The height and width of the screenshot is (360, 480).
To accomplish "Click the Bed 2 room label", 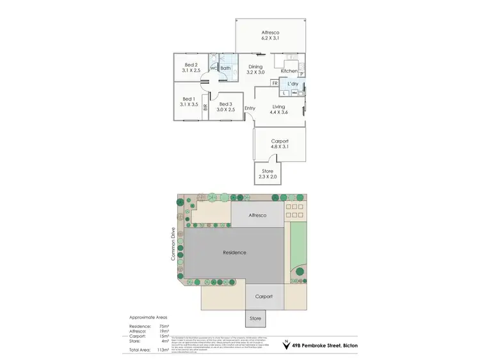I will pos(191,67).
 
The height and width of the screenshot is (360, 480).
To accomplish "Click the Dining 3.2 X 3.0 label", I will pos(255,70).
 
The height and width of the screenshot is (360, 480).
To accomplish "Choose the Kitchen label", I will pos(289,71).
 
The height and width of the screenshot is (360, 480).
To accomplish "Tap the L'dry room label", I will pos(294,84).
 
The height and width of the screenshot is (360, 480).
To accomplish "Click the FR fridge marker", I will pos(275,84).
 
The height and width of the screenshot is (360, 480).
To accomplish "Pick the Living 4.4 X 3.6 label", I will pos(279,110).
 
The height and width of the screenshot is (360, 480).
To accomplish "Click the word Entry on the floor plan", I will pos(250,108).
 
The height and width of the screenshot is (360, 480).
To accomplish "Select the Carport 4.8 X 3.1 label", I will pos(280,145).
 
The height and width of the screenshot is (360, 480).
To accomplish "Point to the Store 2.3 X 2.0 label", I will pos(268,174).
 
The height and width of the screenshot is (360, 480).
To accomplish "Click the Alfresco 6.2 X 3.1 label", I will pos(270,35).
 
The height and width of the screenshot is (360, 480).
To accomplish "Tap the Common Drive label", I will pos(173,244).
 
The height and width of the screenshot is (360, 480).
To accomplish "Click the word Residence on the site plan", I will pos(234,253).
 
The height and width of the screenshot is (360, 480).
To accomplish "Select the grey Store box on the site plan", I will pos(255,318).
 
